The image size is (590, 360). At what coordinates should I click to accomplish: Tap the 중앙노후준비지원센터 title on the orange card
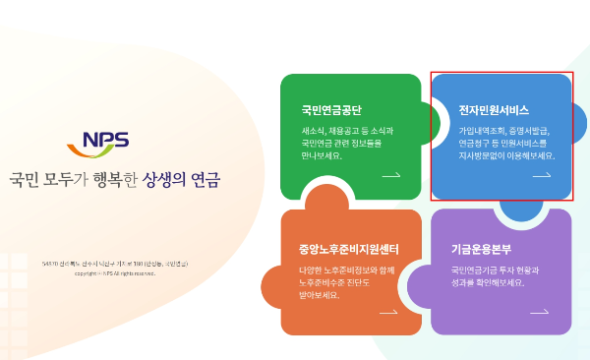coord(348,248)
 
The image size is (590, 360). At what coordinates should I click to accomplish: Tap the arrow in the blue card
coord(542,175)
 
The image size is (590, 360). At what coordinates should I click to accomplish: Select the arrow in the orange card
coord(388,313)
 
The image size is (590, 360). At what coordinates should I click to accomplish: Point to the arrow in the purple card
coord(540,313)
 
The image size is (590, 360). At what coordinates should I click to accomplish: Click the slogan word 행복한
coord(116,181)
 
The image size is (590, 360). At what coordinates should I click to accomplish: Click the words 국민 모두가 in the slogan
coord(48,181)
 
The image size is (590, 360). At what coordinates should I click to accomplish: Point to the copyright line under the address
coord(115,273)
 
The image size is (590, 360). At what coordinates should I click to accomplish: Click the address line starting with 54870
coord(115,264)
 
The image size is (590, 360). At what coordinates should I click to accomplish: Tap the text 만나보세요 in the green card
coord(322,155)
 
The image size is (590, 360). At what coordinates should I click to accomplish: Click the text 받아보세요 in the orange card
coord(320,295)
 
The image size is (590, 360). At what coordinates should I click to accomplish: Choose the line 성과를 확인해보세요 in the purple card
coord(488,282)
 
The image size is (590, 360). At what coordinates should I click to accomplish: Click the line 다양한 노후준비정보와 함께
coord(346,270)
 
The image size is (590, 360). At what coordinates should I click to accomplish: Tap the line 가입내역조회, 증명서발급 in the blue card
coord(503,130)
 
